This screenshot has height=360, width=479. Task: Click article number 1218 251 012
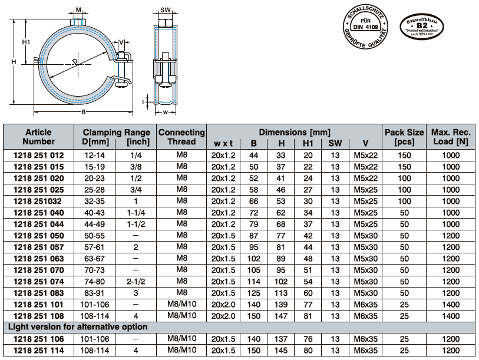pyautogui.click(x=38, y=155)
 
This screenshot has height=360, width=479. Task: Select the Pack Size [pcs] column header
pyautogui.click(x=404, y=137)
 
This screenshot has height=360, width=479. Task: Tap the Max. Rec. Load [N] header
pyautogui.click(x=451, y=137)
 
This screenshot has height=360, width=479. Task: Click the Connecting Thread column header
pyautogui.click(x=181, y=137)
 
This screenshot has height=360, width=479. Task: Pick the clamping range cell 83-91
pyautogui.click(x=94, y=293)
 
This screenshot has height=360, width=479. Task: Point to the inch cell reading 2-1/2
pyautogui.click(x=136, y=282)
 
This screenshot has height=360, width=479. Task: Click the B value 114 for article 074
pyautogui.click(x=253, y=282)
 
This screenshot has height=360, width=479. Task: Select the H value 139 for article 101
pyautogui.click(x=280, y=305)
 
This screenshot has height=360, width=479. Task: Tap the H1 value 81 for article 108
pyautogui.click(x=308, y=316)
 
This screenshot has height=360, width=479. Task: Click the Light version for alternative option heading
pyautogui.click(x=78, y=327)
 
